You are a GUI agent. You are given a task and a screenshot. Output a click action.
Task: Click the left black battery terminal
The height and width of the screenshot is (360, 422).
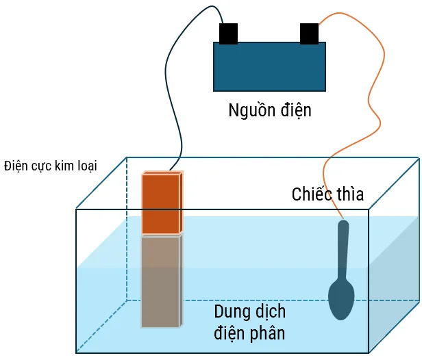[228, 33]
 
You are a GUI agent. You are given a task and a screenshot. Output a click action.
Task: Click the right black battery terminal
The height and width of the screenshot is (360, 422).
[310, 33]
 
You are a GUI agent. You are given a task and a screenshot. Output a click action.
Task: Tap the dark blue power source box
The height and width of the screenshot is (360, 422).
[269, 66]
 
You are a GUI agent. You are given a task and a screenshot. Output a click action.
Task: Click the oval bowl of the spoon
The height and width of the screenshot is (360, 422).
[340, 298]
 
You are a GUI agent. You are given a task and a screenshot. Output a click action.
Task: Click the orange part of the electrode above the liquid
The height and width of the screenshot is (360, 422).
[162, 203]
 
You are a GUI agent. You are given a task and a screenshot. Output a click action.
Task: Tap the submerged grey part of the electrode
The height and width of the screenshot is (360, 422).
[162, 281]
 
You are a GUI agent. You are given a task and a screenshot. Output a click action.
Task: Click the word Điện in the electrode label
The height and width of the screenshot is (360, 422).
[15, 166]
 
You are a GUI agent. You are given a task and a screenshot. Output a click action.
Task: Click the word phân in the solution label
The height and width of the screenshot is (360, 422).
[268, 334]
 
